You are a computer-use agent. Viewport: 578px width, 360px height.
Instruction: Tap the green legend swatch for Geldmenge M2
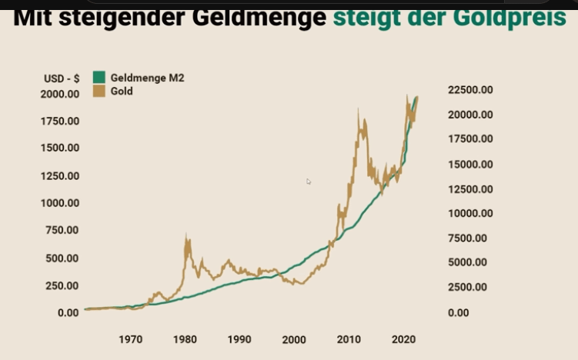pos(99,77)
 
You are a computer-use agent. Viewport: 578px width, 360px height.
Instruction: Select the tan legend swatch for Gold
pos(99,91)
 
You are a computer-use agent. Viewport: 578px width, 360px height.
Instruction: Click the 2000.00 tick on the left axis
pos(59,94)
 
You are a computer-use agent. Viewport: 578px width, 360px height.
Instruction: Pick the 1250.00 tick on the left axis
pos(59,175)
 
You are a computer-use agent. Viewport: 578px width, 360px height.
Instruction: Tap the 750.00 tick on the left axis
pos(62,230)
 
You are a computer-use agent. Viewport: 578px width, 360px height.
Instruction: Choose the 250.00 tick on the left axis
pos(62,285)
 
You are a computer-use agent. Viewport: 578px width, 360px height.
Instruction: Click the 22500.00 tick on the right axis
pos(469,90)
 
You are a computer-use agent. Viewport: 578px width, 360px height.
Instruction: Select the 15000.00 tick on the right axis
pos(469,164)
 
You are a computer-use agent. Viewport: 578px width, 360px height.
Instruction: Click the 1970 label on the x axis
pos(130,339)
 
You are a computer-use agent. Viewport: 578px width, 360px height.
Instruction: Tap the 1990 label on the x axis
pos(239,339)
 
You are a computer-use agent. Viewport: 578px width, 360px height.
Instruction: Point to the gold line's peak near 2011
pos(358,110)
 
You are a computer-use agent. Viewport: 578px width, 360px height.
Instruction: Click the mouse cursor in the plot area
pos(308,181)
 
